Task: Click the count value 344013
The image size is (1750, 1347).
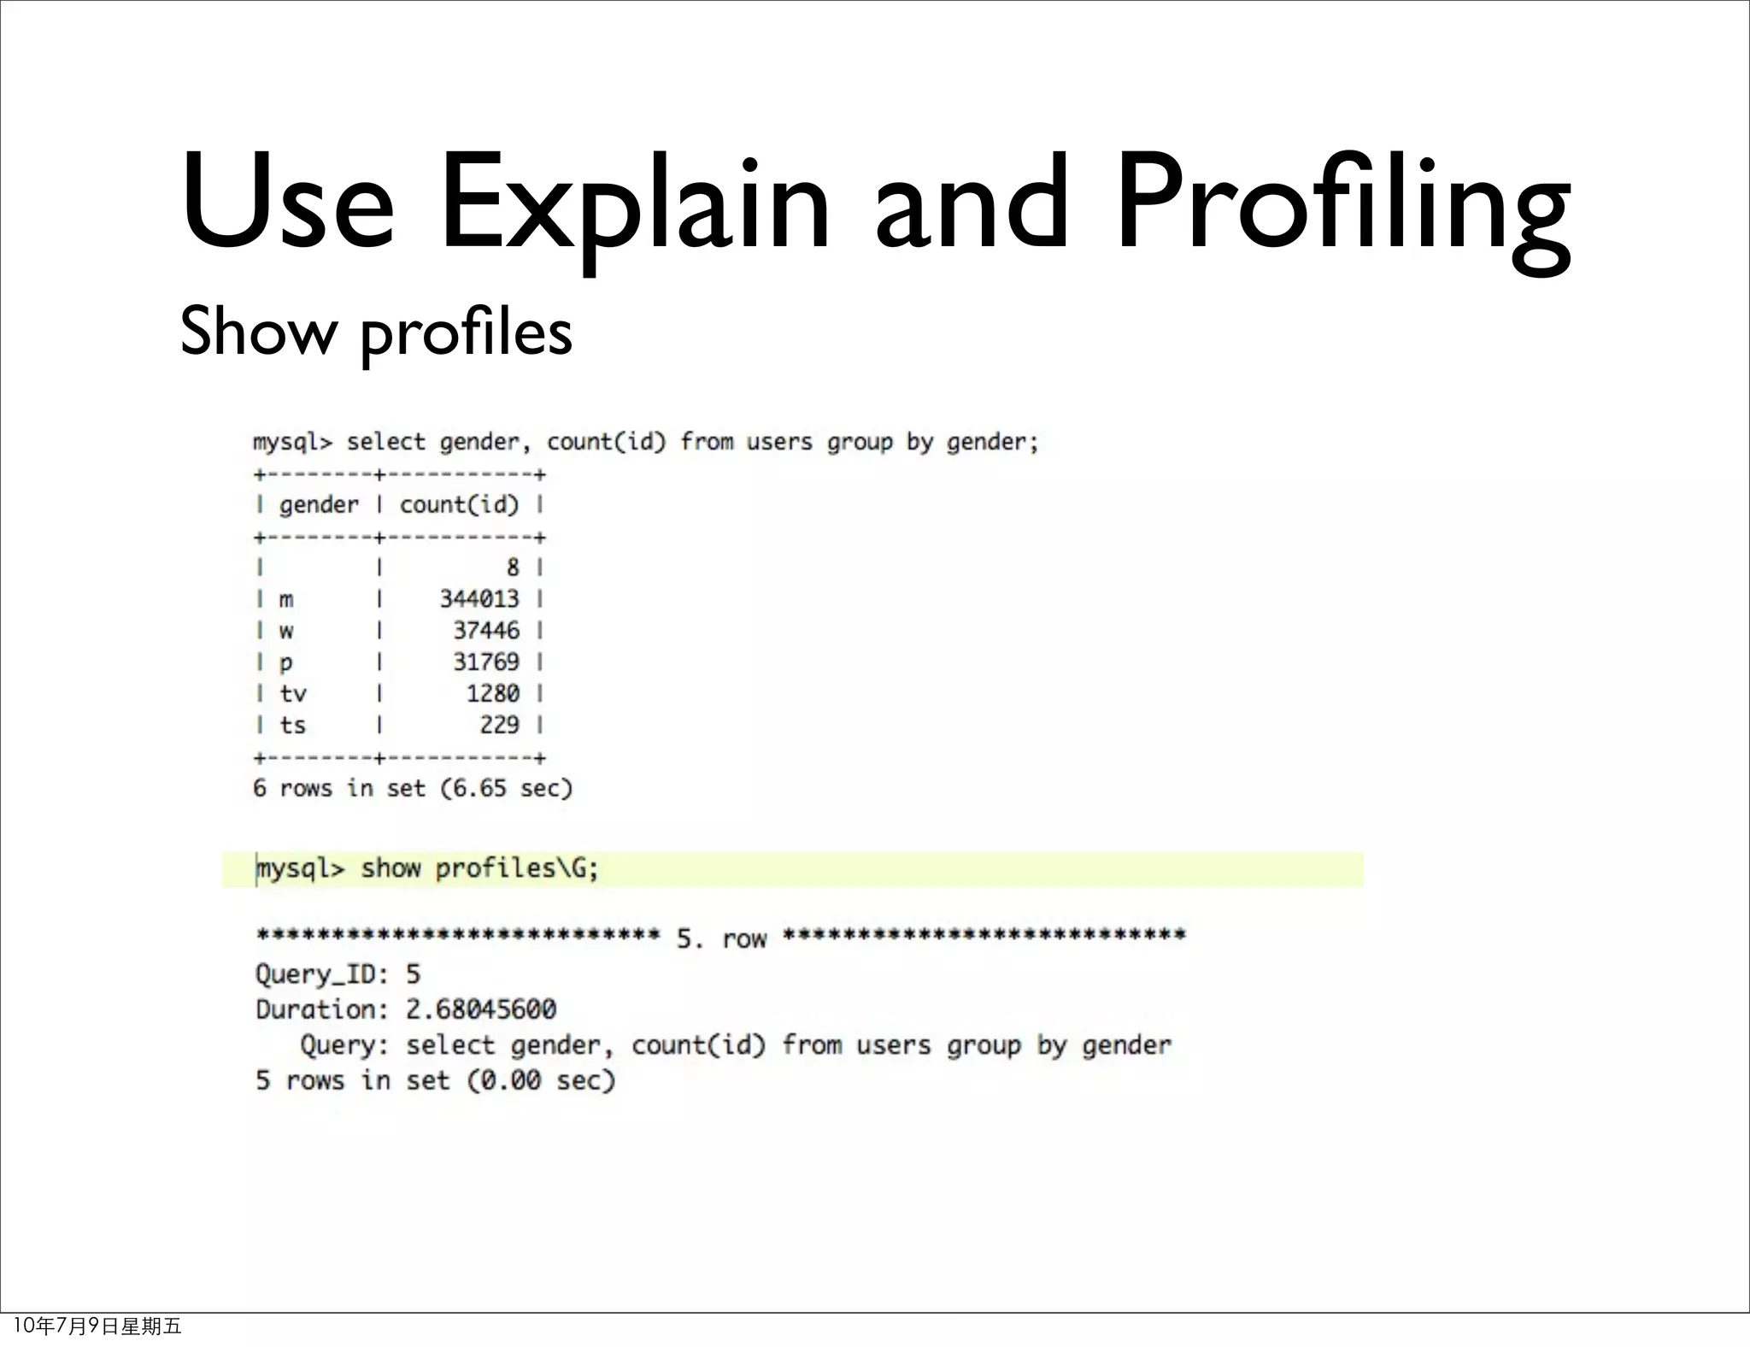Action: pyautogui.click(x=479, y=599)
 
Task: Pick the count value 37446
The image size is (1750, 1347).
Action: pyautogui.click(x=486, y=631)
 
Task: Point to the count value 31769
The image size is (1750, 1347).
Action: pyautogui.click(x=486, y=662)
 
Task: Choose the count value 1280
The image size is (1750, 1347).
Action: pyautogui.click(x=493, y=693)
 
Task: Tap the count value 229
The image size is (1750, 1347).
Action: pyautogui.click(x=500, y=725)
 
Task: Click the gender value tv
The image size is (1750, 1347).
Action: pyautogui.click(x=293, y=693)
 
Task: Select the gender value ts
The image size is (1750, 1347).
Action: pyautogui.click(x=293, y=726)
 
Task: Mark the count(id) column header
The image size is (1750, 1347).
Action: pyautogui.click(x=460, y=505)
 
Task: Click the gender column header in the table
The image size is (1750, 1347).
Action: pyautogui.click(x=319, y=505)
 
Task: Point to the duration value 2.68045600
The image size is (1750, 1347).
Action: pyautogui.click(x=481, y=1009)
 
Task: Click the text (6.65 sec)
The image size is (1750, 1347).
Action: pyautogui.click(x=506, y=788)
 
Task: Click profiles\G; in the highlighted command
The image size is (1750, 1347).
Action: pyautogui.click(x=517, y=868)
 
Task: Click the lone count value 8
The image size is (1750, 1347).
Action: pyautogui.click(x=513, y=568)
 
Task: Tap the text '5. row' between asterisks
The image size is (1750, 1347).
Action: pyautogui.click(x=721, y=938)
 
